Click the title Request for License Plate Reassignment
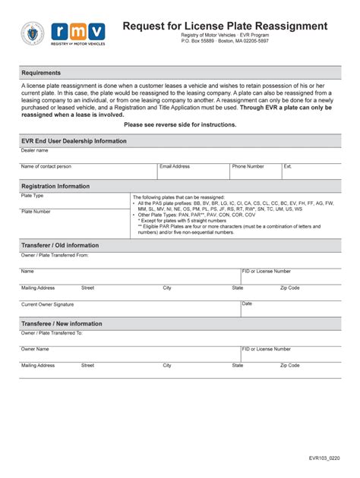[x=225, y=26]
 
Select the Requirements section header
[x=41, y=73]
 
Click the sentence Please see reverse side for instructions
[x=180, y=124]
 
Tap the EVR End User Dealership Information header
[x=74, y=141]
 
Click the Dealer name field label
[x=34, y=151]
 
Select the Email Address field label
[x=175, y=166]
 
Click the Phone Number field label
[x=248, y=166]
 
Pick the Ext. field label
[x=288, y=166]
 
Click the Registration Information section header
[x=55, y=186]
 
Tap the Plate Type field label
[x=33, y=196]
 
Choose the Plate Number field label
[x=36, y=212]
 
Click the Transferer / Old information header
[x=60, y=245]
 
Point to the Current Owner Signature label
[x=48, y=304]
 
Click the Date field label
[x=247, y=303]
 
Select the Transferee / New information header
[x=62, y=323]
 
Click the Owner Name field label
[x=35, y=349]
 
